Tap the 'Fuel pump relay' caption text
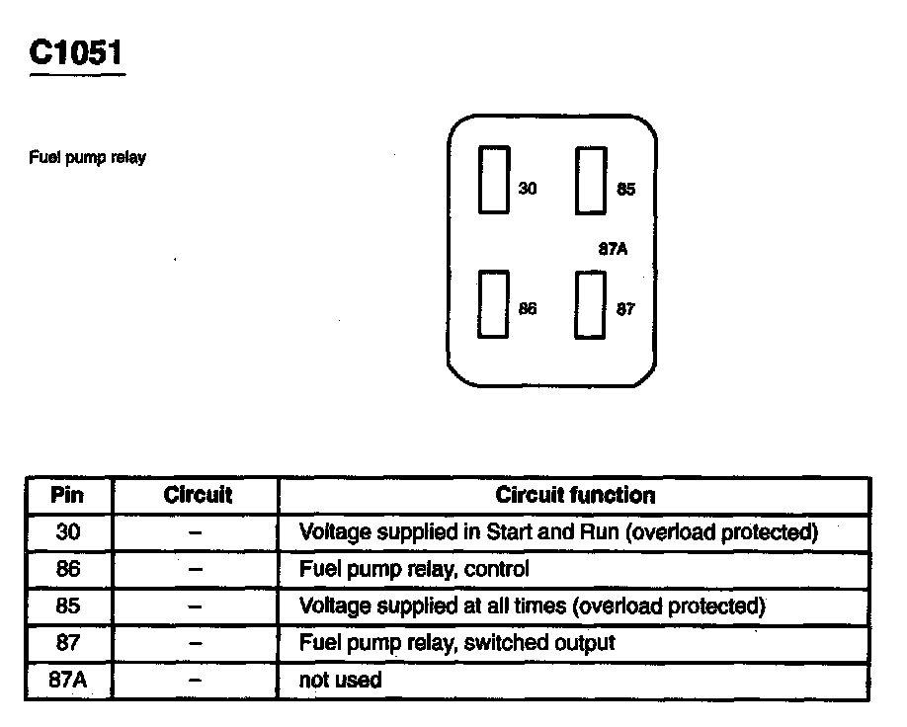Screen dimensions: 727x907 click(x=88, y=158)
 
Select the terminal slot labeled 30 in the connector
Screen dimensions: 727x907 click(x=494, y=180)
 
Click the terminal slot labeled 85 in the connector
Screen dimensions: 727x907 click(x=591, y=180)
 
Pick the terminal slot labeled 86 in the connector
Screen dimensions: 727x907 click(x=494, y=305)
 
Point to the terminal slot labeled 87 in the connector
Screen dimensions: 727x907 click(x=591, y=305)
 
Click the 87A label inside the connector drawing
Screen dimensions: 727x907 click(x=613, y=249)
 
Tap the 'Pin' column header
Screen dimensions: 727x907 click(x=67, y=496)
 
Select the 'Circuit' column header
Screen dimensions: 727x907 click(x=198, y=496)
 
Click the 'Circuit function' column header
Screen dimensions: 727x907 click(x=575, y=496)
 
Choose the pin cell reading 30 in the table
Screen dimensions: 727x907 click(x=68, y=532)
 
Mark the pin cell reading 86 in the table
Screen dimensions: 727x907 click(x=68, y=569)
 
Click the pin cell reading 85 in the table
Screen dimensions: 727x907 click(x=68, y=606)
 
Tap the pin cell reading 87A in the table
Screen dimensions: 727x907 click(x=68, y=680)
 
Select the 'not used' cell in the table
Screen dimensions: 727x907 click(x=340, y=680)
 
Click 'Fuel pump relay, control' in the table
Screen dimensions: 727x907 click(x=414, y=569)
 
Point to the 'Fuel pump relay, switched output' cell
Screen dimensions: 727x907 click(x=456, y=643)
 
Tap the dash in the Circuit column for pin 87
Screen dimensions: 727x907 click(x=196, y=643)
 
